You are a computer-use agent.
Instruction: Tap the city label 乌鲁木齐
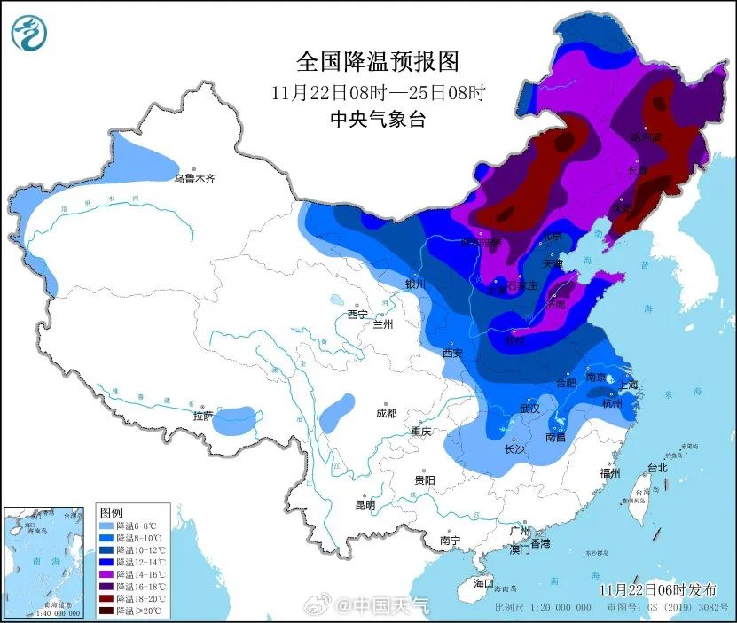194,178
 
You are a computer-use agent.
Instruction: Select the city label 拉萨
203,415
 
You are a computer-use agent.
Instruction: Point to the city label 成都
386,413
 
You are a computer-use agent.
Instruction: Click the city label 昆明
365,505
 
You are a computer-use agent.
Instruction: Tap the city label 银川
415,284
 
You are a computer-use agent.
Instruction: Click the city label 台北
656,467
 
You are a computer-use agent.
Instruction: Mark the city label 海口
482,584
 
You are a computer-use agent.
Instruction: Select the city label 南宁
450,540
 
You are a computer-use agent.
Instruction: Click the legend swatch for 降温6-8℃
106,526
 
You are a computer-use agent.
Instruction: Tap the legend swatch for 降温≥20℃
106,611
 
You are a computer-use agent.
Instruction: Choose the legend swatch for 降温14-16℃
106,574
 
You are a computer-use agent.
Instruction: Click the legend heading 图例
110,512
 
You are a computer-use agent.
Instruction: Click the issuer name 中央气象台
377,120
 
